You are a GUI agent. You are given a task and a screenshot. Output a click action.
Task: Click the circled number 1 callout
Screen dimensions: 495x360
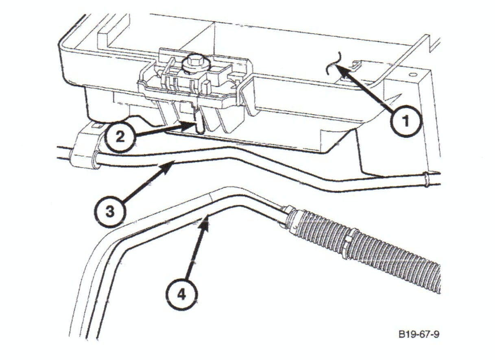(x=406, y=121)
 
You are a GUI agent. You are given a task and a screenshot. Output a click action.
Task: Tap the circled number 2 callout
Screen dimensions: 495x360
(x=120, y=137)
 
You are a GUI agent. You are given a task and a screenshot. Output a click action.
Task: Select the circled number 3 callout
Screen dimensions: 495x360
(x=110, y=212)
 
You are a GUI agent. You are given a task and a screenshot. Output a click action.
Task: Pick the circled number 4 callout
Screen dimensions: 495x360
(x=182, y=295)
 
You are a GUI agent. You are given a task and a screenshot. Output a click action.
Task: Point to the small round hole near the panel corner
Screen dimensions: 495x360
(x=412, y=75)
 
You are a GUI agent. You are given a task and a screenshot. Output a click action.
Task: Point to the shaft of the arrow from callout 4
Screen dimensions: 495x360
(x=196, y=252)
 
